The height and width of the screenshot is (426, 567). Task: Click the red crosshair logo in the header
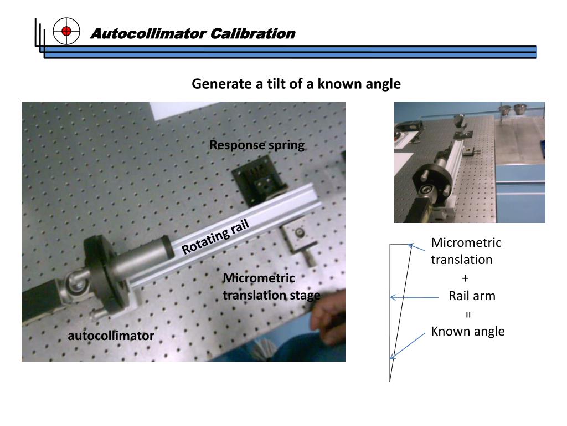coord(66,31)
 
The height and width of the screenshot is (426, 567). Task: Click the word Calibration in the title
coord(252,33)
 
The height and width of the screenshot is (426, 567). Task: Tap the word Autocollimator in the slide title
coord(148,33)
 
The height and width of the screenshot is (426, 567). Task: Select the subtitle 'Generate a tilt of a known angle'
coord(296,84)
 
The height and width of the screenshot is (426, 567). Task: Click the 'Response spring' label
coord(257,145)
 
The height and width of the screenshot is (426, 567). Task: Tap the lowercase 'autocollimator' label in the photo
coord(111,336)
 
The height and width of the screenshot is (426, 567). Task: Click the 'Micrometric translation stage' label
coord(271,287)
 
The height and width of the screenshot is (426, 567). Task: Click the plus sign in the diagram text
coord(465,278)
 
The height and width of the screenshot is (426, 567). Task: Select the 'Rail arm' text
coord(472,296)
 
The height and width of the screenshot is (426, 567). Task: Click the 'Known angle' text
coord(467,332)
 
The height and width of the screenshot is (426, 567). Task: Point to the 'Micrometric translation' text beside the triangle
coord(466,251)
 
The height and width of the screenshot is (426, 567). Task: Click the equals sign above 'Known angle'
coord(468,315)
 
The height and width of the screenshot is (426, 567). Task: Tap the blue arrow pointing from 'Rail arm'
coord(414,297)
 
